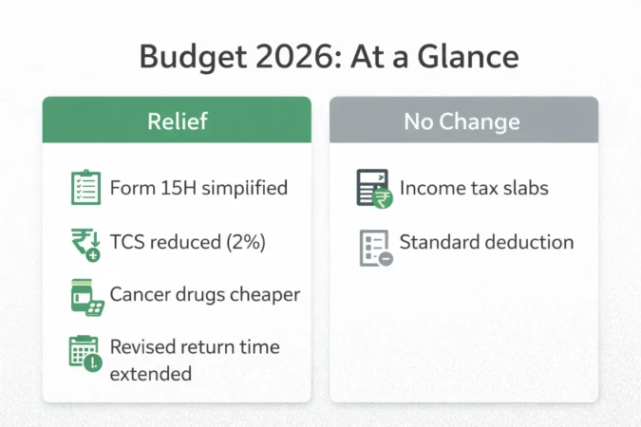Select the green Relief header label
click(x=177, y=121)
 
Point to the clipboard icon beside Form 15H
click(x=86, y=188)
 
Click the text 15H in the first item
click(x=176, y=187)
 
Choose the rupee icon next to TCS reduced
click(x=86, y=242)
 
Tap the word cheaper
click(x=264, y=294)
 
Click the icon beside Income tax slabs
click(x=373, y=188)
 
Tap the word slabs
click(x=525, y=187)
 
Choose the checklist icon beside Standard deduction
click(x=373, y=246)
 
